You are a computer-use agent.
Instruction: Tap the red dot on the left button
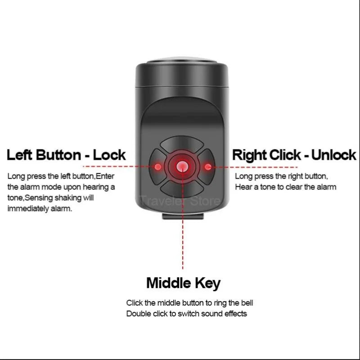[158, 167]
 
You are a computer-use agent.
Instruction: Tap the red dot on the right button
[207, 167]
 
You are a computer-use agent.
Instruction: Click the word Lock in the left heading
[109, 155]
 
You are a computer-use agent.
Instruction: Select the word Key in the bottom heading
[208, 283]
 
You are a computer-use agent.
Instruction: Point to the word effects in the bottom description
[235, 314]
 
